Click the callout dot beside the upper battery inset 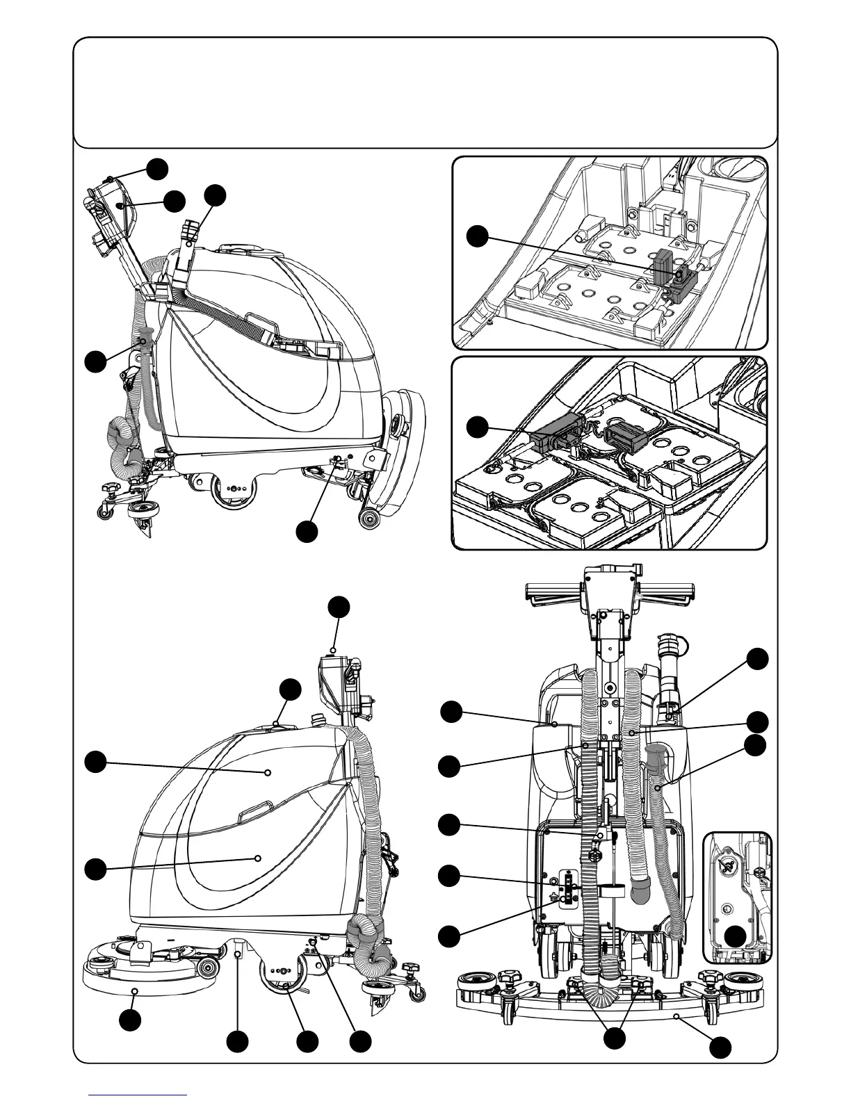pyautogui.click(x=477, y=236)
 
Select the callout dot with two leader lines pyautogui.click(x=614, y=1038)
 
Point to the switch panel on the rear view pyautogui.click(x=569, y=888)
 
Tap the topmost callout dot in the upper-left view pyautogui.click(x=156, y=168)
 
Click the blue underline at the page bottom pyautogui.click(x=138, y=1093)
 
